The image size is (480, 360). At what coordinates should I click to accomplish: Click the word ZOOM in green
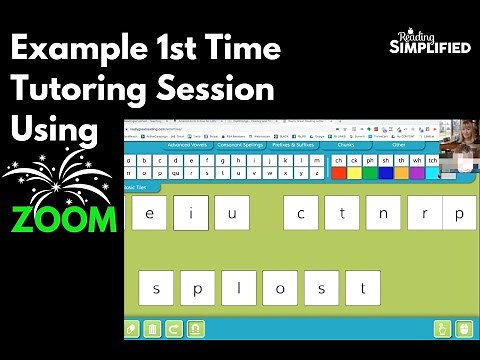65,219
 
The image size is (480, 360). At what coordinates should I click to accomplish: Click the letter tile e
149,213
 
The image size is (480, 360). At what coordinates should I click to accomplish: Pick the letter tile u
232,213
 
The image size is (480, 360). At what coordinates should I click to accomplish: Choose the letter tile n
383,213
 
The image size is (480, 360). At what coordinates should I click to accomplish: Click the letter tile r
425,213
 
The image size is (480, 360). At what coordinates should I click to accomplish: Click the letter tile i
190,213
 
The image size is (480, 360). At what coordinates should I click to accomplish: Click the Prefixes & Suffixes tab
294,146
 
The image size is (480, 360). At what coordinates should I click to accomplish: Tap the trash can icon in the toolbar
152,328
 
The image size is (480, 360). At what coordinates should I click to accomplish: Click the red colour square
339,172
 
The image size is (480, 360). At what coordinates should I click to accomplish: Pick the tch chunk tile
432,160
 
